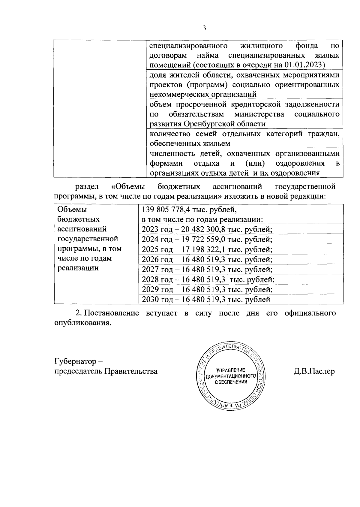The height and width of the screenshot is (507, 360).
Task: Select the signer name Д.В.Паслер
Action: [x=314, y=371]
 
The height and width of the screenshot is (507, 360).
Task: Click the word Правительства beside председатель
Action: [x=131, y=371]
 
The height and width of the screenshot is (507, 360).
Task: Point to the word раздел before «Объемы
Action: [x=87, y=187]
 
